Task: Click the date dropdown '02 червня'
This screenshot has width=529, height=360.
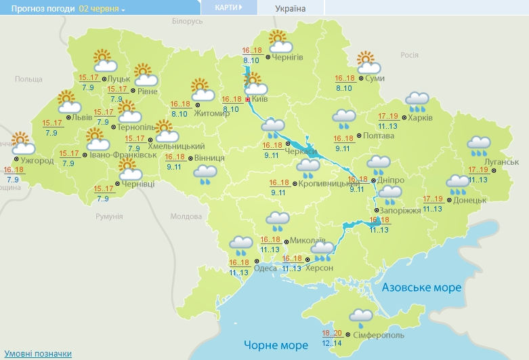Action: click(102, 9)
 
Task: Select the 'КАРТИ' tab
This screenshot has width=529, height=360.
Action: click(228, 7)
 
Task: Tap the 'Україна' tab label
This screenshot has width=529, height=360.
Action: click(290, 9)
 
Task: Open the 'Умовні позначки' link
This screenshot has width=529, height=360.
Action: click(38, 354)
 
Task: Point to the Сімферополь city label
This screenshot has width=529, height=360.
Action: click(379, 335)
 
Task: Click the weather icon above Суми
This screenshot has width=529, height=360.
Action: click(369, 62)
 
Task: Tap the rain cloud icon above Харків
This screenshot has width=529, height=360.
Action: click(417, 102)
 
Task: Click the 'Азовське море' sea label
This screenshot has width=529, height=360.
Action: click(421, 288)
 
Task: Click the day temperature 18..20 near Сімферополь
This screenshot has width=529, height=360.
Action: click(332, 333)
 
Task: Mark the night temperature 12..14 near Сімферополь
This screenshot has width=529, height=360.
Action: click(332, 342)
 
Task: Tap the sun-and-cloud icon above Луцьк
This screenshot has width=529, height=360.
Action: click(104, 61)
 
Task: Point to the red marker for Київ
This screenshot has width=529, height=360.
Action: click(247, 99)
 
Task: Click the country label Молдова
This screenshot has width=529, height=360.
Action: click(186, 216)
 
